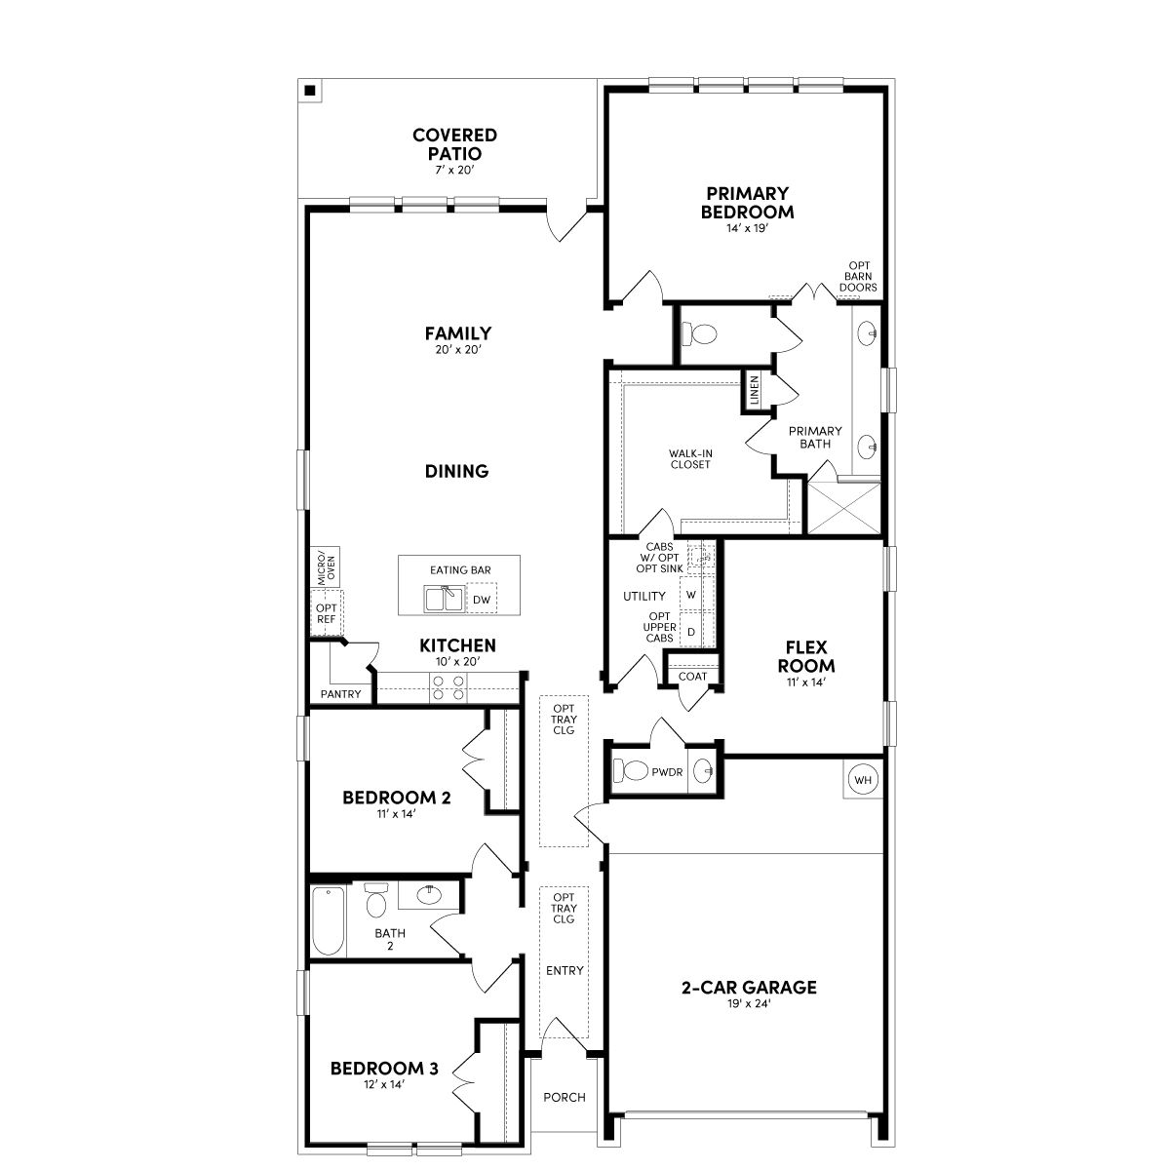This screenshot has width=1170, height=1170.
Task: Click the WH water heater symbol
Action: tap(862, 780)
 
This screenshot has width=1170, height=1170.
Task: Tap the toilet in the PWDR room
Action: tap(631, 771)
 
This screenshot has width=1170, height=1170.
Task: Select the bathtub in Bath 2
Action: tap(329, 920)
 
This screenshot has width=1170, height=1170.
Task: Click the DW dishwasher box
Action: tap(482, 599)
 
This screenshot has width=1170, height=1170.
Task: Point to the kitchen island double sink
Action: tap(445, 599)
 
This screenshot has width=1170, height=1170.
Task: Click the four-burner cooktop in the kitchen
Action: tap(448, 687)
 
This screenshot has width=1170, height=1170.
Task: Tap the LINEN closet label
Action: tap(754, 390)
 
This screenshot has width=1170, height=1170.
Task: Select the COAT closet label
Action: tap(693, 677)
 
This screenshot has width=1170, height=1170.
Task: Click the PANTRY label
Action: tap(340, 694)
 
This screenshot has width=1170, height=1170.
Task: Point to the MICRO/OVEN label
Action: tap(327, 567)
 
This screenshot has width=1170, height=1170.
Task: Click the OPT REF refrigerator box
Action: tap(327, 613)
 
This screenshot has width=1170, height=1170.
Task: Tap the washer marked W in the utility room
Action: tap(691, 595)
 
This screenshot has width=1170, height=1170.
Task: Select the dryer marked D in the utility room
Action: tap(691, 632)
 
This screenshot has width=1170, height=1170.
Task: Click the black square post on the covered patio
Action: tap(310, 91)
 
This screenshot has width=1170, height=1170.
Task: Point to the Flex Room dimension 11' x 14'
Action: tap(805, 682)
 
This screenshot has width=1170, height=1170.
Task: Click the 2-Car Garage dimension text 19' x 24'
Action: tap(749, 1003)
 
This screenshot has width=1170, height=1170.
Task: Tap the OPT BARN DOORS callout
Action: tap(859, 276)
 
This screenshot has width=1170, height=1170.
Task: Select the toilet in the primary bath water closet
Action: tap(700, 334)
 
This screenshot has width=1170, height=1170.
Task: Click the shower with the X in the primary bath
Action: tap(844, 508)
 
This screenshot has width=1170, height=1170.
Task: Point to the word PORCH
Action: tap(565, 1097)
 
